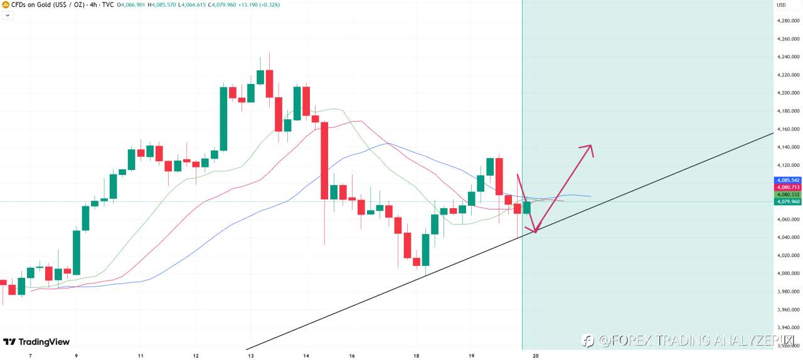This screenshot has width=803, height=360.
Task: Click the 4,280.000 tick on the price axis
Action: coord(787,21)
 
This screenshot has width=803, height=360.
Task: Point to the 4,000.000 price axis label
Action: coord(787,273)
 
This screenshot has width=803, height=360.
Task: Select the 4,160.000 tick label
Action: coord(787,129)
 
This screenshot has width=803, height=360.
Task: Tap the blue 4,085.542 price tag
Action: coord(787,180)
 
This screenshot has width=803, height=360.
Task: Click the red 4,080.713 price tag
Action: coord(787,187)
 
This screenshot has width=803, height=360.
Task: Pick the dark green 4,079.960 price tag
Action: coord(787,201)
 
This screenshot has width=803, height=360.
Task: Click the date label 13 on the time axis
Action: coord(251,356)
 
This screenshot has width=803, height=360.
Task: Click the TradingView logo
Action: coord(36,342)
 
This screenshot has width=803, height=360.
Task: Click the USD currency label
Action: coord(781,5)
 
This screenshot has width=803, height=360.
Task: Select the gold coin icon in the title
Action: coord(6,5)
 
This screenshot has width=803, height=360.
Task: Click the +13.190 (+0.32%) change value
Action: coord(260,5)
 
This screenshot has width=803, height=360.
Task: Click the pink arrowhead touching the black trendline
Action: coord(534,231)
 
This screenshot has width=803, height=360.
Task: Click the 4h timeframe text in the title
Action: coord(93,5)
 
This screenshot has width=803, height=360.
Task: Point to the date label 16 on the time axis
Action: coord(352,356)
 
